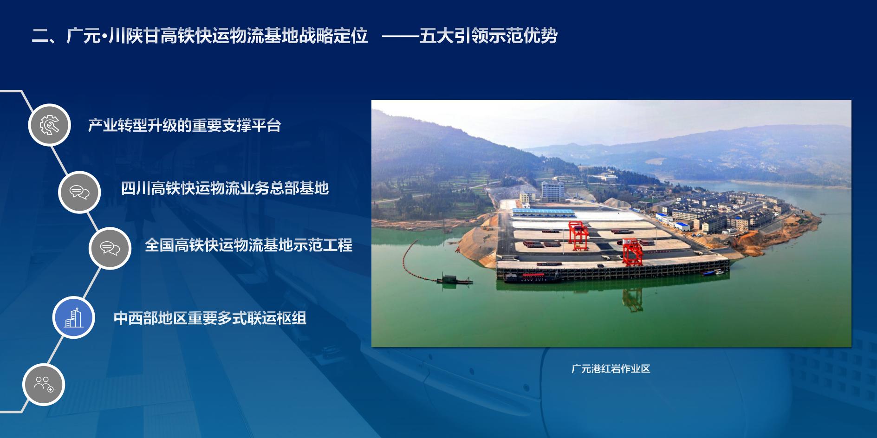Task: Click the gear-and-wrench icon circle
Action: pos(49,125)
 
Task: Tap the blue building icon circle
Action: pos(73,318)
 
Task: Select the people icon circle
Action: pos(44,384)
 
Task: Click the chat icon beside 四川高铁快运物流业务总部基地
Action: pos(79,192)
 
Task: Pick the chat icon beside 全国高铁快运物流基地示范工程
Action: pos(110,248)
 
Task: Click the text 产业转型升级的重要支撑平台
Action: pos(185,125)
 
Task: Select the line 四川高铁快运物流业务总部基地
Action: pos(225,188)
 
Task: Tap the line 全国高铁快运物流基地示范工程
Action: pos(249,245)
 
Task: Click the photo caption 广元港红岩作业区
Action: pos(611,369)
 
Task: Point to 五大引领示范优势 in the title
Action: pos(488,36)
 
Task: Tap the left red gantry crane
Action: pos(578,235)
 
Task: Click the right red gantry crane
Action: pos(632,252)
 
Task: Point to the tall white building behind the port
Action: pos(552,191)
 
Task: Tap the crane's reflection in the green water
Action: pos(632,299)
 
